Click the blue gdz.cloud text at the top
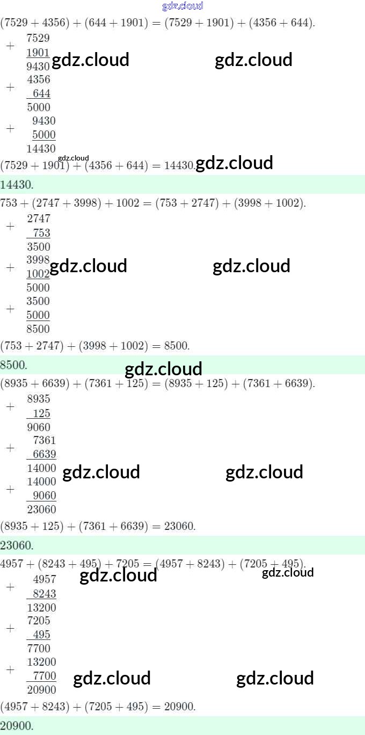coord(182,6)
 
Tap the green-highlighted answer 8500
coord(14,365)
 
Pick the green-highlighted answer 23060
coord(17,545)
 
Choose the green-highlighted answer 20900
coord(17,726)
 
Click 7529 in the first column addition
coord(38,38)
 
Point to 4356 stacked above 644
coord(39,79)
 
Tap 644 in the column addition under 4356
coord(41,93)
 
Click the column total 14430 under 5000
coord(41,149)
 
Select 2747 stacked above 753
coord(39,219)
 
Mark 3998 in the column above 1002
coord(39,260)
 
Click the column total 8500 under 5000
coord(38,329)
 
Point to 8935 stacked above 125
coord(39,399)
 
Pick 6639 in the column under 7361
coord(45,454)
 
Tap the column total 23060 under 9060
coord(41,510)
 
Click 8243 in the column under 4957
coord(45,594)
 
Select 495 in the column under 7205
coord(41,635)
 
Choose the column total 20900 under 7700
coord(41,690)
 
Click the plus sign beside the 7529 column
coord(10,46)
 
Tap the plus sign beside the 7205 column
coord(10,628)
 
